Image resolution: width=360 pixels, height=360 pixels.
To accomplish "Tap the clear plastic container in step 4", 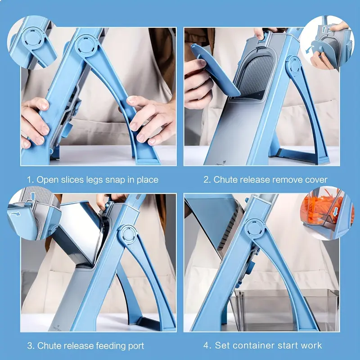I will click(x=288, y=308).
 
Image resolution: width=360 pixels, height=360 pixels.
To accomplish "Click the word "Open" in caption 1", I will click(x=48, y=180).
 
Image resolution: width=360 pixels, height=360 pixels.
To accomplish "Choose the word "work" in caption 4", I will click(x=311, y=346).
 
